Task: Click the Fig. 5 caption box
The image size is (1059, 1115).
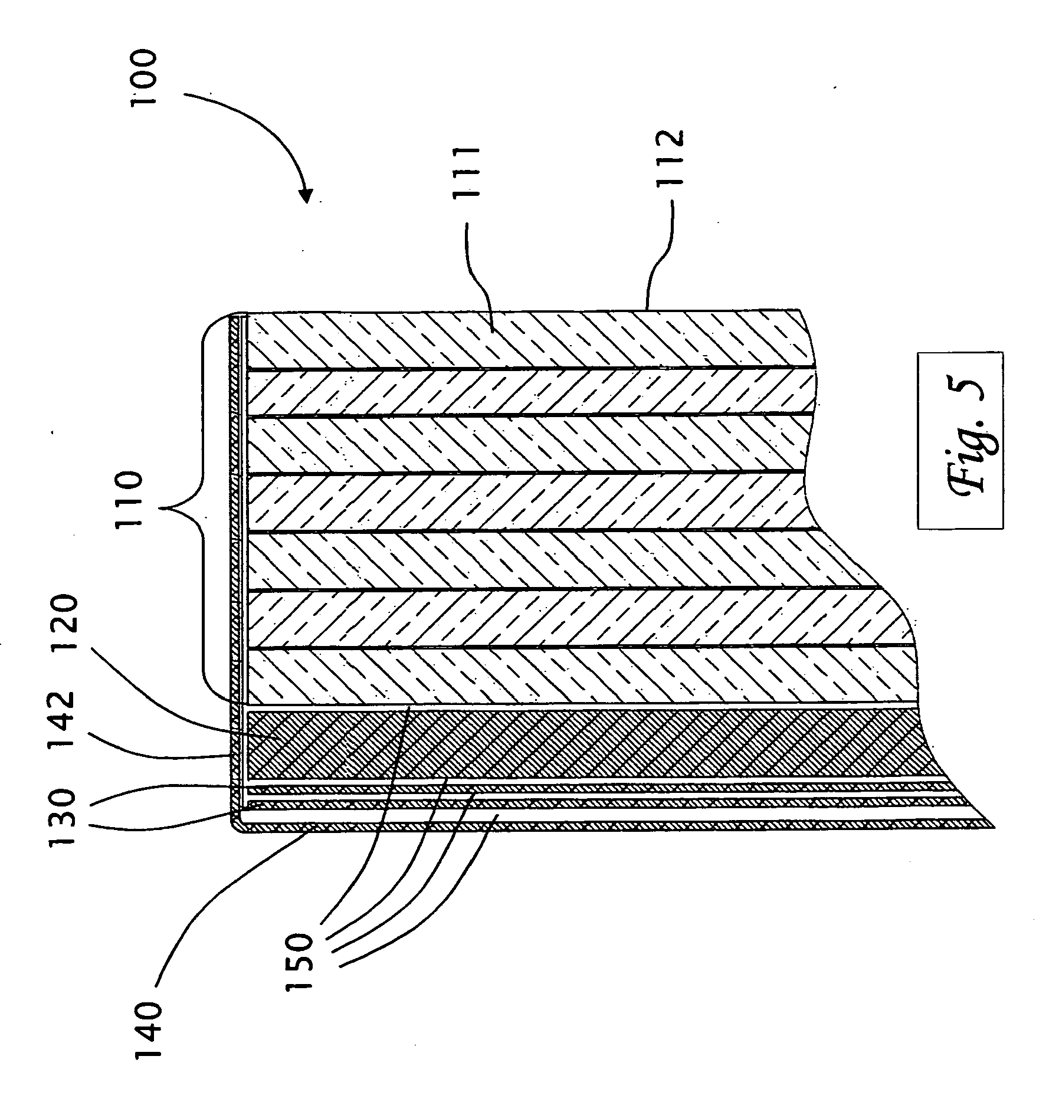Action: pos(960,440)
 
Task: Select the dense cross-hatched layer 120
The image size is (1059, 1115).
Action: pos(531,745)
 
